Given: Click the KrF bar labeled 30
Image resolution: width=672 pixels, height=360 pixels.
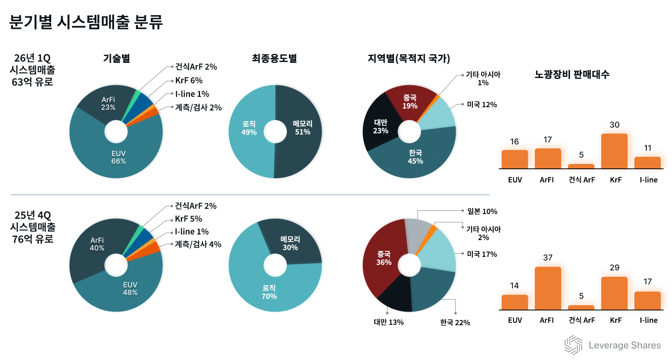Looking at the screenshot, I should (x=614, y=151).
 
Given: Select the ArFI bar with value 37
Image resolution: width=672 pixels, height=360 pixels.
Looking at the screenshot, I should (x=548, y=288).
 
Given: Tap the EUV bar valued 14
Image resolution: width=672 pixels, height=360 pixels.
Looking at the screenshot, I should (x=514, y=302).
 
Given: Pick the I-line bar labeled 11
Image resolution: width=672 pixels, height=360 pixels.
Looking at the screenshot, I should (x=647, y=163).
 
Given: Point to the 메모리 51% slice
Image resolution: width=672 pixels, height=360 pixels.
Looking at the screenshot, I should (x=302, y=128).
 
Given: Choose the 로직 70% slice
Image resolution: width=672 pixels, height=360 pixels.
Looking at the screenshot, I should (x=269, y=292).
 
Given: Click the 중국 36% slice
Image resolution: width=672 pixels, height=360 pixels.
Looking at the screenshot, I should (x=383, y=258).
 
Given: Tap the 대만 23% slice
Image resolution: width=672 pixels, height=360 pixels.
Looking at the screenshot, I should (x=380, y=126).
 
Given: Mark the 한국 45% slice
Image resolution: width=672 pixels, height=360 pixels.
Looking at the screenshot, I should (x=415, y=157).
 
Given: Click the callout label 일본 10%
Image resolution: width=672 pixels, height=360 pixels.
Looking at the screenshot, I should (x=482, y=211).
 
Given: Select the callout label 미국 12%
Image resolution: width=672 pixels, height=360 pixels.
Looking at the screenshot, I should (x=482, y=105).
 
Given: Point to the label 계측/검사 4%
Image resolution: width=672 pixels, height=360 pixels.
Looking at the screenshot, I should (x=198, y=244).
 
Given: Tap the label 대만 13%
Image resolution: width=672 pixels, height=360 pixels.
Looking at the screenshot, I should (x=388, y=322).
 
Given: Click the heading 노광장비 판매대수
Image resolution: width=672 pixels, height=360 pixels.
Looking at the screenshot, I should (x=572, y=74).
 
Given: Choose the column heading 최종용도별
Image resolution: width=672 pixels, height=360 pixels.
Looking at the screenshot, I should (x=274, y=59).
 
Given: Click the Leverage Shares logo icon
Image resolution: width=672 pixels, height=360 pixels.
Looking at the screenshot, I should (x=573, y=345).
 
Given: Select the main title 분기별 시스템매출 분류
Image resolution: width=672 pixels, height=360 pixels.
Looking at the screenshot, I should (x=86, y=22).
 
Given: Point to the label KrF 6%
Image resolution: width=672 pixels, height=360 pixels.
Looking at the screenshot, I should (x=189, y=80).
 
